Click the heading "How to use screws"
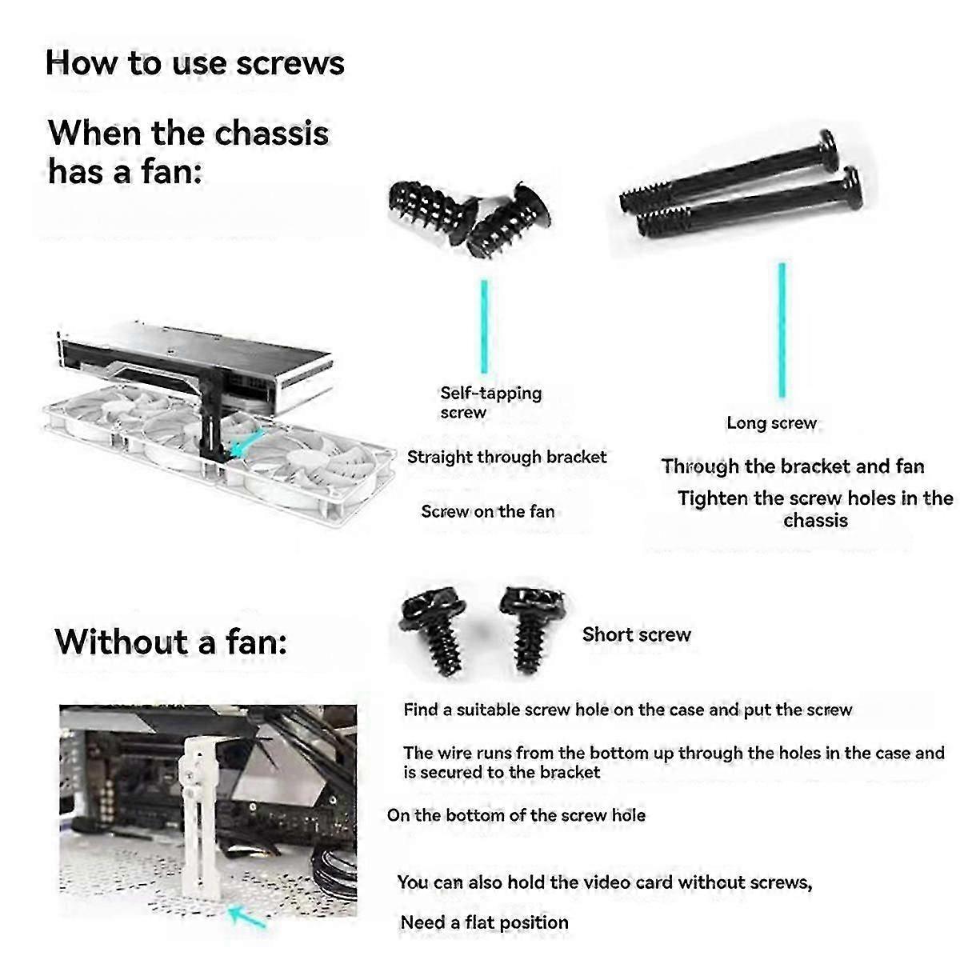pos(194,63)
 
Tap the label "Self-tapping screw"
pos(490,402)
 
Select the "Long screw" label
pos(771,423)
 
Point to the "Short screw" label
pos(636,634)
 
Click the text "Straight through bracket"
pos(506,458)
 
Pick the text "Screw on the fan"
pos(487,512)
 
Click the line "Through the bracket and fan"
pos(793,466)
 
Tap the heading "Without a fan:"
pos(170,642)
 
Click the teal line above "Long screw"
pos(782,330)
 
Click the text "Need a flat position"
pos(484,922)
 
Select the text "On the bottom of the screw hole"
pos(516,815)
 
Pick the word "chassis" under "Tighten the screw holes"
pos(815,521)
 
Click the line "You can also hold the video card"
pos(604,882)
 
